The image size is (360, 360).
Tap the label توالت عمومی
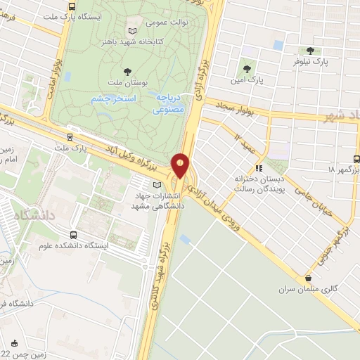(x=166, y=22)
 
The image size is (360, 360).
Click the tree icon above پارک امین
(x=247, y=68)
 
